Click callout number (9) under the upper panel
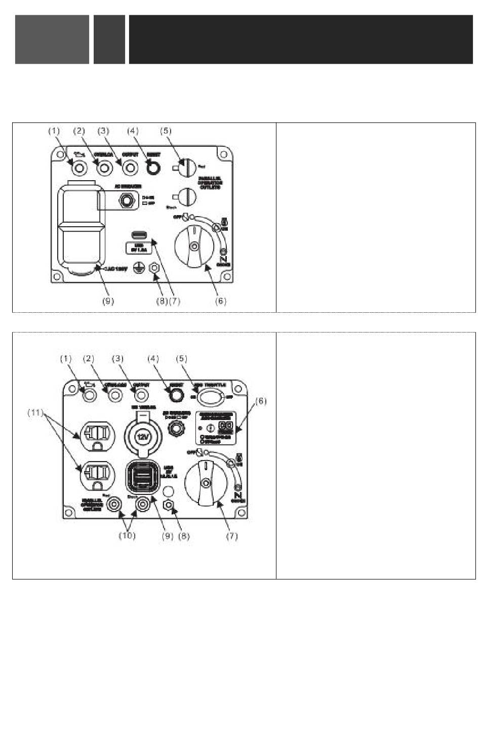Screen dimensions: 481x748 pos(108,301)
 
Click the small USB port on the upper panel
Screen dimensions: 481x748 pos(138,235)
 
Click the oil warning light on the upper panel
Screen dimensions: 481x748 pos(78,167)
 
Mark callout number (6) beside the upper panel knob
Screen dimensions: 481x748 pos(221,301)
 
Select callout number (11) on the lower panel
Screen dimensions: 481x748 pos(35,413)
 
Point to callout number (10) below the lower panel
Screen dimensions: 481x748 pos(127,535)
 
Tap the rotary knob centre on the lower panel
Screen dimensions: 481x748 pos(205,483)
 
